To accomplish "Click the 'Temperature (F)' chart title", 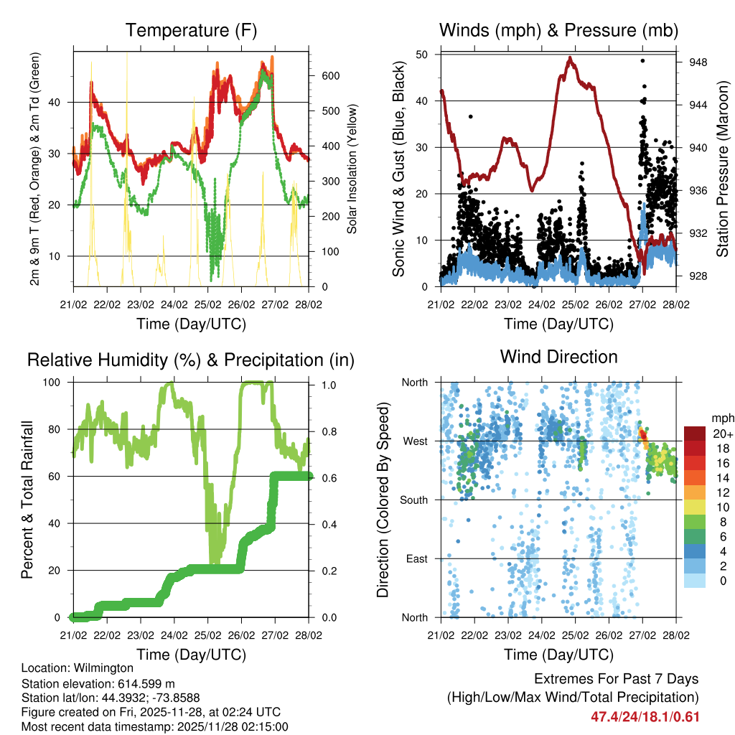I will (x=191, y=31).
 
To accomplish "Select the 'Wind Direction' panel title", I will (x=558, y=357).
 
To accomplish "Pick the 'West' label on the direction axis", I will (x=415, y=441).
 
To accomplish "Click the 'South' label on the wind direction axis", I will (x=413, y=500).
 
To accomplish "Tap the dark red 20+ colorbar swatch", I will (x=694, y=433).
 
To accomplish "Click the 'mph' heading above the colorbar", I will (x=721, y=418).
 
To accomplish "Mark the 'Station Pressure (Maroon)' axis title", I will (x=724, y=169).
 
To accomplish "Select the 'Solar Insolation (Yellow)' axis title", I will (x=352, y=169).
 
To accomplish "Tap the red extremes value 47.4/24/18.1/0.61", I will (x=645, y=716).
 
